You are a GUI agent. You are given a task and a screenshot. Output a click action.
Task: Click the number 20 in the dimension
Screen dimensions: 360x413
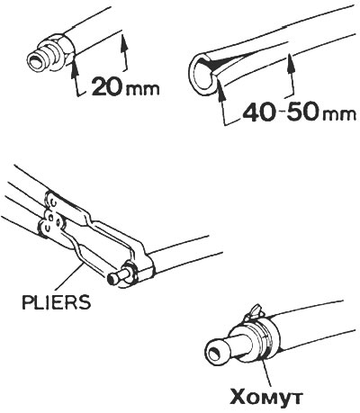tap(106, 86)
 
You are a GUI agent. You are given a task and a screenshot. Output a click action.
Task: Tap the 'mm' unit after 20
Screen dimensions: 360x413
tap(140, 89)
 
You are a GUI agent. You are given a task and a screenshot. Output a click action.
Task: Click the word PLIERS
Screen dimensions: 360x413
tap(56, 302)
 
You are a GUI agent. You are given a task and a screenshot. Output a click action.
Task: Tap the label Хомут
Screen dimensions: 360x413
tap(265, 396)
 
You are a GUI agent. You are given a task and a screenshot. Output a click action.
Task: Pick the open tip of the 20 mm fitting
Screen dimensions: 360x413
tap(33, 62)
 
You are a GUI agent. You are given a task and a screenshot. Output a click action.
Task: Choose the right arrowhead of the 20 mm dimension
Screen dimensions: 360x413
tap(122, 40)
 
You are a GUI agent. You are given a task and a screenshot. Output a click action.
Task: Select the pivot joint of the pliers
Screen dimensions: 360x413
tap(52, 222)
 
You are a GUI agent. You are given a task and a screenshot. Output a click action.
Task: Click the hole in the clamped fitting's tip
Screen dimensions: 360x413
tap(215, 353)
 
